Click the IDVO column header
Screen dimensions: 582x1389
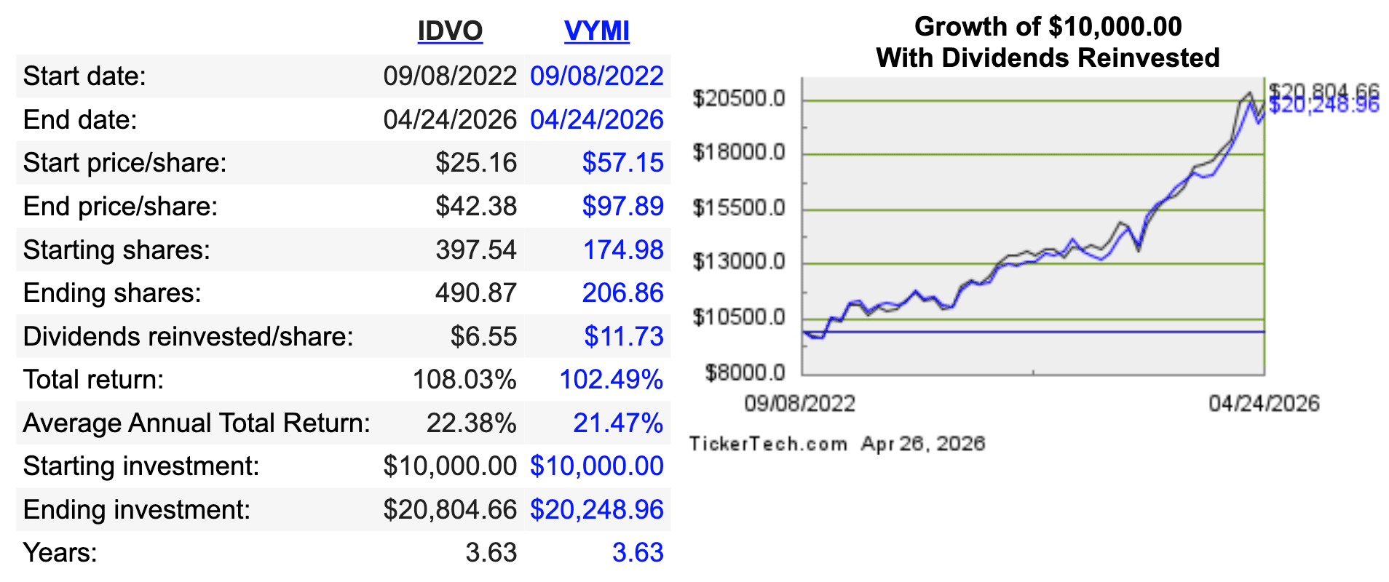point(450,31)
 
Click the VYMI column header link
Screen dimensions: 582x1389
point(596,31)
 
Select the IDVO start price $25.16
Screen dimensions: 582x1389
point(476,163)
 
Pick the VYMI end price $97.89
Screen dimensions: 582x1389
point(622,207)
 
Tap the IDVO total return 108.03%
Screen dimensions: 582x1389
point(464,380)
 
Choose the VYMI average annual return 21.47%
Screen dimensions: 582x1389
point(617,423)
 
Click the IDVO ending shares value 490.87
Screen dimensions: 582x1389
point(475,293)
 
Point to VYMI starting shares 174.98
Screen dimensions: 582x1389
point(622,250)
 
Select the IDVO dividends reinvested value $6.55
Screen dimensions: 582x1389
point(483,337)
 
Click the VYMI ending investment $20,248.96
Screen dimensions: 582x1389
point(596,510)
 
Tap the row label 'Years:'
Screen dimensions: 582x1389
point(60,553)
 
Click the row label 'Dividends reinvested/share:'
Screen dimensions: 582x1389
point(188,337)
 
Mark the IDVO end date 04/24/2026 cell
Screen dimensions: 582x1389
point(450,120)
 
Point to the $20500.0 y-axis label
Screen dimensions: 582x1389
point(739,98)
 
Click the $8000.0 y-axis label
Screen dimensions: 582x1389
point(745,373)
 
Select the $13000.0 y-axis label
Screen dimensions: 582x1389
point(739,261)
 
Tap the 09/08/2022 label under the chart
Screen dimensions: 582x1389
point(799,404)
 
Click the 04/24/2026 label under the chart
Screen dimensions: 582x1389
point(1264,404)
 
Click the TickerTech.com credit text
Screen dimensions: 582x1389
point(768,444)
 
